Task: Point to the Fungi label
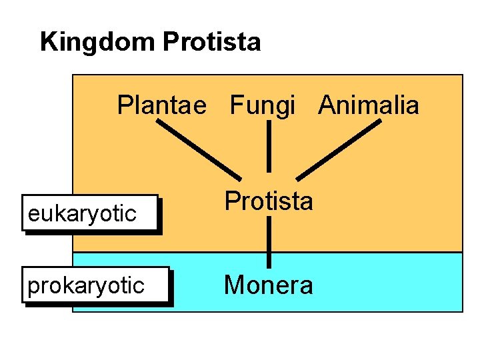pos(263,105)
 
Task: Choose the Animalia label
pos(369,105)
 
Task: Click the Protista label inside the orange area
pos(268,201)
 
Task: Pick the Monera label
pos(268,285)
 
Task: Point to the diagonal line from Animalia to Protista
pos(339,150)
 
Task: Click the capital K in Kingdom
pos(48,43)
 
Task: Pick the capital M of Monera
pos(234,285)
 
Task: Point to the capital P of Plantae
pos(125,105)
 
